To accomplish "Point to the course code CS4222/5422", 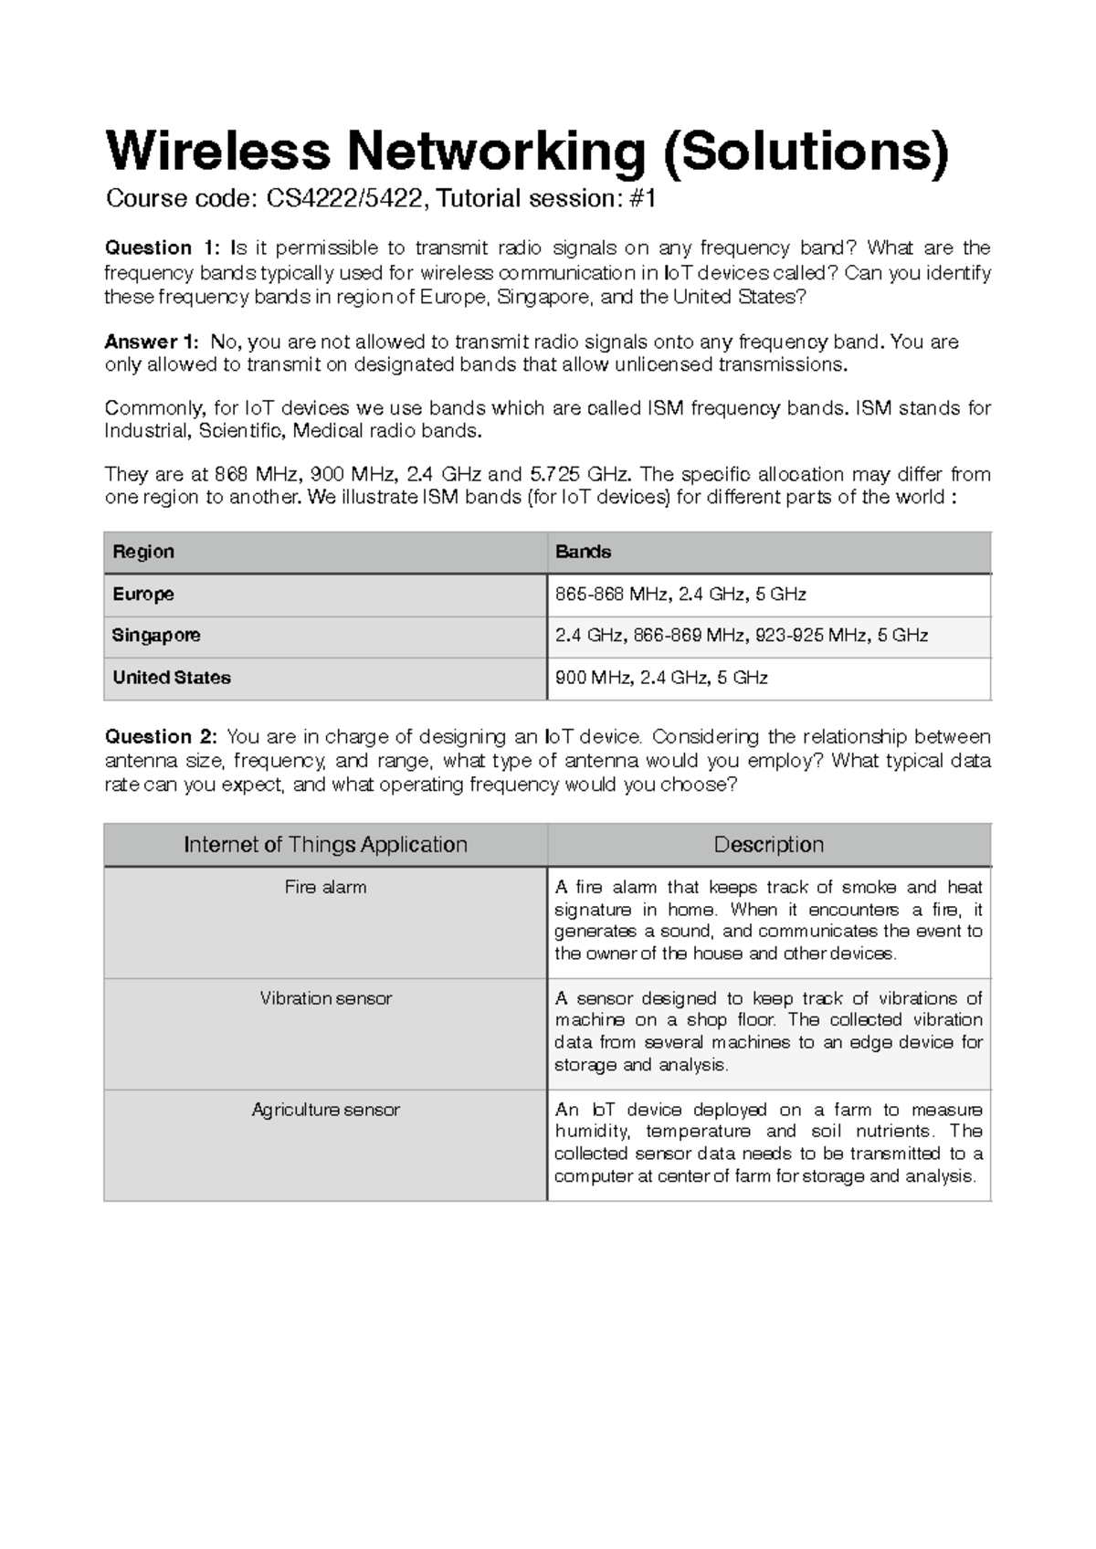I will click(346, 198).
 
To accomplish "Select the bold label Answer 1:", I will click(151, 342).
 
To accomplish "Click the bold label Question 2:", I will click(162, 737).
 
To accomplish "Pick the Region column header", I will click(143, 552).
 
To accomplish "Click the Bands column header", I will click(584, 552).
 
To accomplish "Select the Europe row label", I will click(143, 595).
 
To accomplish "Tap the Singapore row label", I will click(156, 636).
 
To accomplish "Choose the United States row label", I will click(172, 678).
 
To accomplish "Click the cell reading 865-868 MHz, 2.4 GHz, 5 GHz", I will click(680, 595).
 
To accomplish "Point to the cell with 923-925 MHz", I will click(742, 636).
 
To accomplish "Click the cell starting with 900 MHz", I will click(661, 678).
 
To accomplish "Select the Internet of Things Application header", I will click(325, 845).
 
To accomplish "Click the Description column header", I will click(768, 845).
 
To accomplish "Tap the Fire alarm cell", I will click(325, 887).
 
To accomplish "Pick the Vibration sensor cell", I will click(325, 998).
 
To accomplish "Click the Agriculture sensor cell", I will click(325, 1110).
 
